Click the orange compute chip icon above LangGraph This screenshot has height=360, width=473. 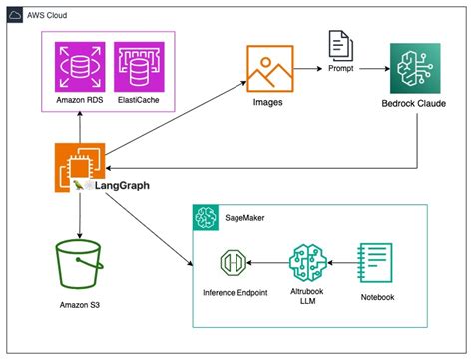(x=78, y=167)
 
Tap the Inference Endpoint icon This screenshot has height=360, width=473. (x=235, y=264)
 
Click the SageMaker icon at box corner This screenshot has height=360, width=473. (x=206, y=217)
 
